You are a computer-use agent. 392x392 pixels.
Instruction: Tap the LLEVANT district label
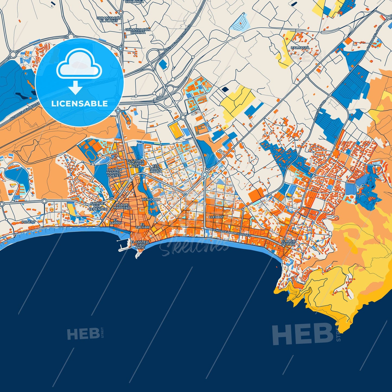point(216,217)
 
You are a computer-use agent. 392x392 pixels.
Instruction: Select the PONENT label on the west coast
point(28,222)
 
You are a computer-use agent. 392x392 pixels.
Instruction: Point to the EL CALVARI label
point(142,226)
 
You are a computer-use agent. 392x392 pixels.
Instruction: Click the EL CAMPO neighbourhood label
point(116,221)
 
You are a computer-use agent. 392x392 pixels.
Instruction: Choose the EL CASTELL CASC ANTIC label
point(140,244)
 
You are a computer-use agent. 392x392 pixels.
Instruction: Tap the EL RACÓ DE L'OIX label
point(288,243)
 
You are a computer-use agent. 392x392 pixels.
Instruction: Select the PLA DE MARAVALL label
point(122,206)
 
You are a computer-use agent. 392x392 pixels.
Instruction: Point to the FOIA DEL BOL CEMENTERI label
point(98,206)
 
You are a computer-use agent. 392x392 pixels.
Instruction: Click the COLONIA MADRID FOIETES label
point(114,173)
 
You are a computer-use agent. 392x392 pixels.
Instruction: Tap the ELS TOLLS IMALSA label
point(156,168)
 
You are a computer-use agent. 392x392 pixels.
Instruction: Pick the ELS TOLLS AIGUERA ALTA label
point(135,164)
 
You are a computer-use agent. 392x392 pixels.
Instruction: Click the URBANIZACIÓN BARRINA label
point(138,31)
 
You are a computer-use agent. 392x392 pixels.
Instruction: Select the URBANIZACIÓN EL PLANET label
point(109,19)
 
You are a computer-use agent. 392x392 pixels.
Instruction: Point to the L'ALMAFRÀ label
point(300,48)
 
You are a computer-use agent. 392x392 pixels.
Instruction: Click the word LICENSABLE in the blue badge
point(79,104)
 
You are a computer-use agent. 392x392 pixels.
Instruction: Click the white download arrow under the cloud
point(75,88)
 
